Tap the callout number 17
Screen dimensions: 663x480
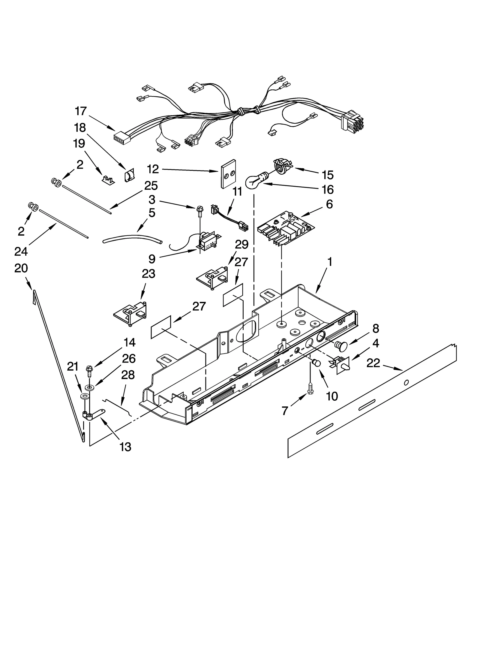tap(81, 111)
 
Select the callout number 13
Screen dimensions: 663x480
tap(125, 447)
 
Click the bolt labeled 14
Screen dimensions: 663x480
tap(89, 371)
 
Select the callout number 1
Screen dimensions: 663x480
tap(330, 262)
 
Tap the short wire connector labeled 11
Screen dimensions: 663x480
tap(229, 218)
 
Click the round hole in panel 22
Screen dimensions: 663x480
tap(406, 382)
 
